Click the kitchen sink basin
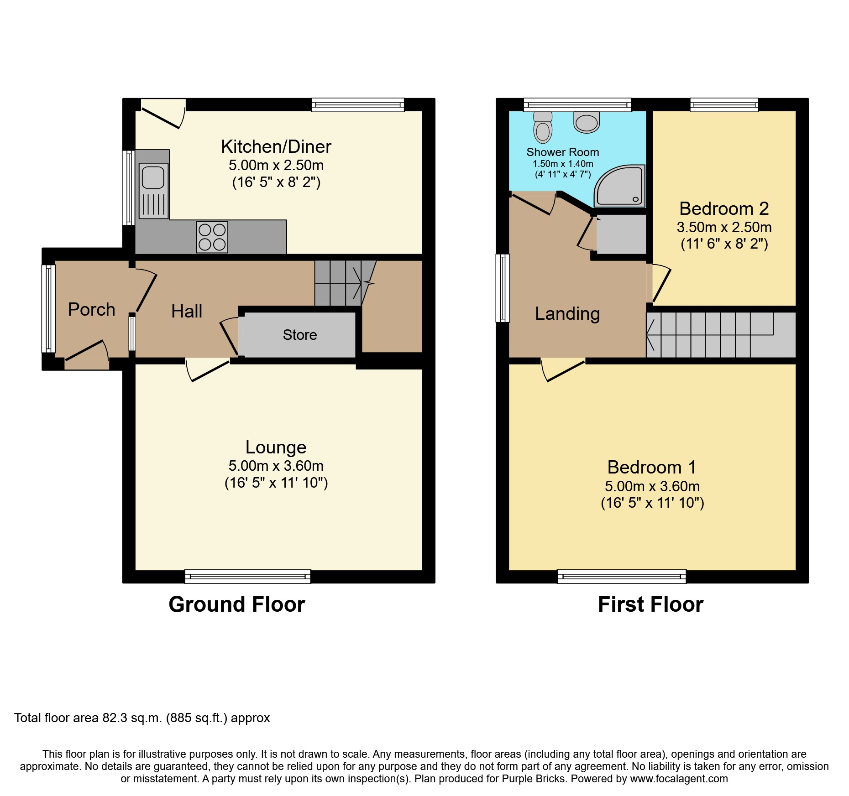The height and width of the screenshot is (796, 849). pos(153,177)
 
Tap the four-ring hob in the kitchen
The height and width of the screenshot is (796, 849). pos(212,237)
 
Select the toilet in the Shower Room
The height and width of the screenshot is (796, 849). pos(543,127)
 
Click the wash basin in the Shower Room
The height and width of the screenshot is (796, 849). pos(587,122)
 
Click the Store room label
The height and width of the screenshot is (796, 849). pos(300,335)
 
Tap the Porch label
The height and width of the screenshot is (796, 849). pos(91,309)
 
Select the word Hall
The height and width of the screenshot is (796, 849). pos(187,311)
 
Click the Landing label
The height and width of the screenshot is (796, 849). pos(567,314)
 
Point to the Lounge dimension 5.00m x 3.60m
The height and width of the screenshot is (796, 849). pos(276,466)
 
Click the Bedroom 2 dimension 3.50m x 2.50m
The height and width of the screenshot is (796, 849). pos(724,227)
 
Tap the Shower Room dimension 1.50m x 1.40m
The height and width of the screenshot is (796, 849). pos(563,164)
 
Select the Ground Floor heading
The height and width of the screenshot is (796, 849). pos(237,604)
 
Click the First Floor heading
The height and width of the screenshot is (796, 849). pos(651,604)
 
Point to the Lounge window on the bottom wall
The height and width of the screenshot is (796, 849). pos(248,577)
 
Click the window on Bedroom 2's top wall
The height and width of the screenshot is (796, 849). pos(724,105)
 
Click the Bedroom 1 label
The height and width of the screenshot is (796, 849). pos(652,468)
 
